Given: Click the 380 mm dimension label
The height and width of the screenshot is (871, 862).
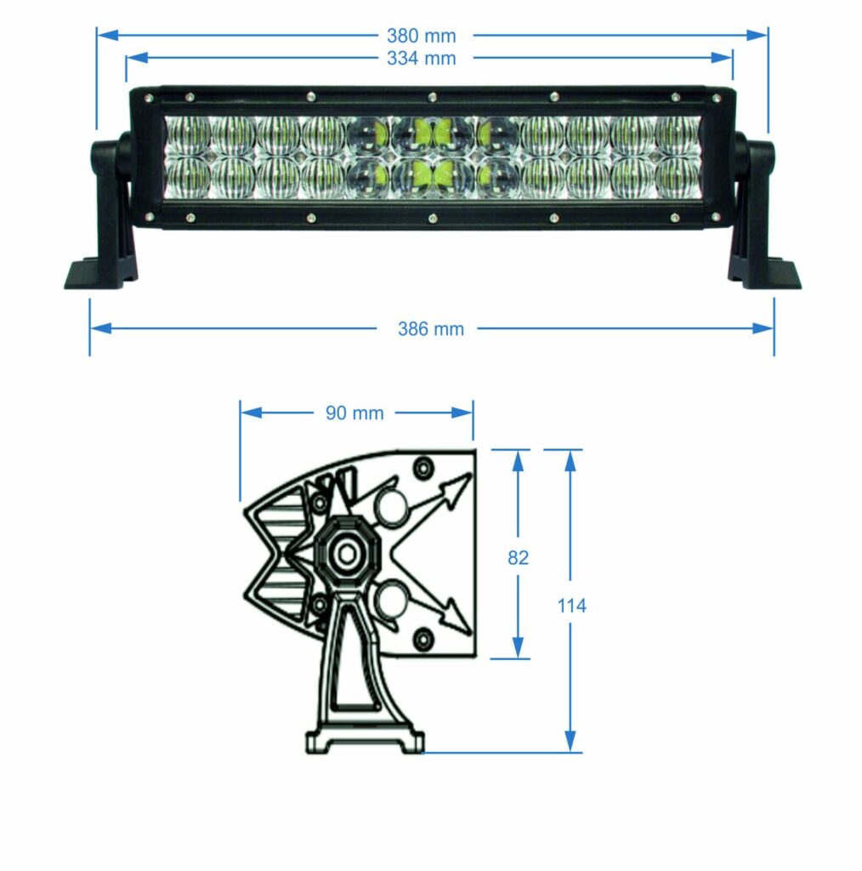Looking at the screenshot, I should (421, 36).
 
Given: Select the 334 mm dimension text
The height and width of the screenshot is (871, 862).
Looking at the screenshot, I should (421, 58).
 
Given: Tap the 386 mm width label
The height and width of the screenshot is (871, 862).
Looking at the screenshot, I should (431, 329).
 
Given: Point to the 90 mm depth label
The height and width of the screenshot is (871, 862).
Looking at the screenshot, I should (354, 413).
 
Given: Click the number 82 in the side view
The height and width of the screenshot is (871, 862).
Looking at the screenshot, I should (518, 558).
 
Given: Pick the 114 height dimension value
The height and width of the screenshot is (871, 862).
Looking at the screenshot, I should (571, 606).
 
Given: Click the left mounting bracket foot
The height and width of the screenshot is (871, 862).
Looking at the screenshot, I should (99, 274).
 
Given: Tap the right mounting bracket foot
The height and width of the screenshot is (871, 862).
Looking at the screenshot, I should (765, 274).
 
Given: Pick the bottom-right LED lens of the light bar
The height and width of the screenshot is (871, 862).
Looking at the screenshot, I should (678, 177).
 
